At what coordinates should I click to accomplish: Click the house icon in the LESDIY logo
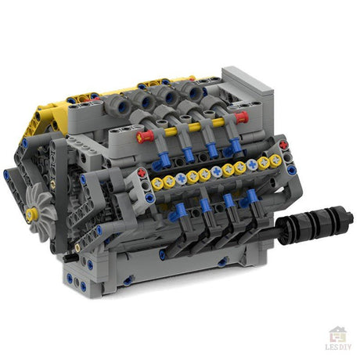point(337,334)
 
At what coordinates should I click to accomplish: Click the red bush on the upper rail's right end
point(241,117)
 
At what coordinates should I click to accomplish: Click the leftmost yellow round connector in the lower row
point(157,183)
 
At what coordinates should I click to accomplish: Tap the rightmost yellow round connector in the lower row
point(275,160)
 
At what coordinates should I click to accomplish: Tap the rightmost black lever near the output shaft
point(252,221)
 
